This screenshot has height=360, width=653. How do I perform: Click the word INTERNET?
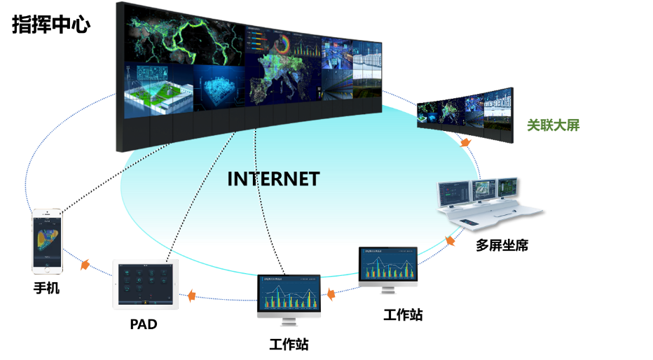tap(273, 179)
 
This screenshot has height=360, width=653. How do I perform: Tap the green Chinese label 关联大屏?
tap(553, 125)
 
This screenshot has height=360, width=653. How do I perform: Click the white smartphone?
tap(47, 241)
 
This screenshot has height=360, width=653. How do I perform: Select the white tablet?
tap(145, 284)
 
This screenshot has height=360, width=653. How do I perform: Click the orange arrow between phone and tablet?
tap(85, 265)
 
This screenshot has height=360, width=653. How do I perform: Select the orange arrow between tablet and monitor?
tap(191, 295)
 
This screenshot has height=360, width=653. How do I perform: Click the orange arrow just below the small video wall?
tap(465, 142)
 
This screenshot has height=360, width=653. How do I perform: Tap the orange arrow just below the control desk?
tap(451, 241)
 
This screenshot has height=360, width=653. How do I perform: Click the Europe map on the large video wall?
tap(280, 81)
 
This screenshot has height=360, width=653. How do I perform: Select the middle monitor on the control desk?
tap(484, 188)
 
